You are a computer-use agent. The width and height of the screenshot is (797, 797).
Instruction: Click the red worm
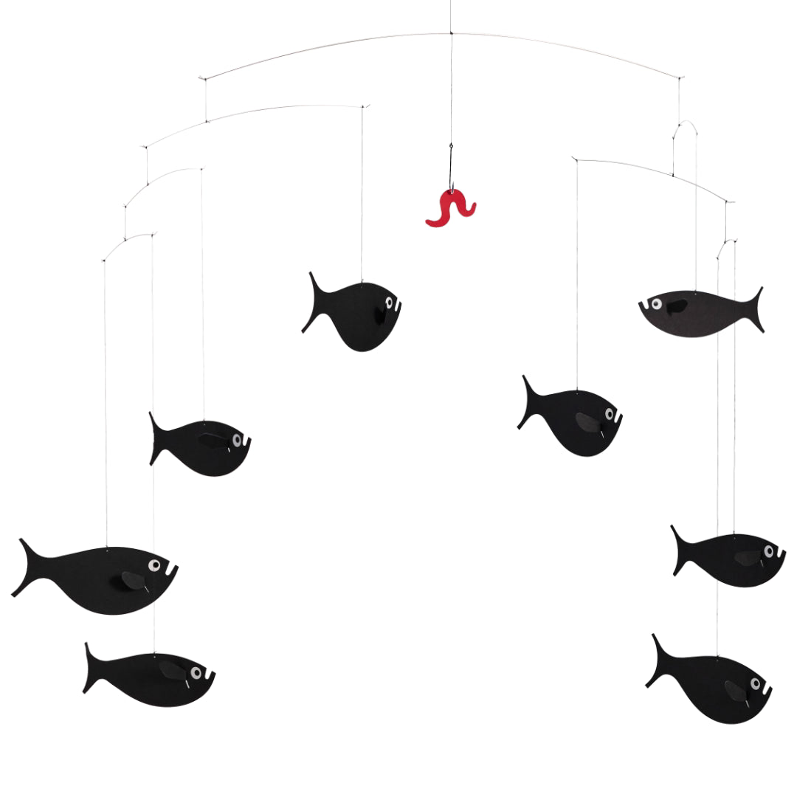[450, 209]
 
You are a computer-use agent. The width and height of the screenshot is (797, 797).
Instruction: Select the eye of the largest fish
[154, 566]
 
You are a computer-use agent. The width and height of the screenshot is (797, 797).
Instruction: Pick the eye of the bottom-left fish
[196, 673]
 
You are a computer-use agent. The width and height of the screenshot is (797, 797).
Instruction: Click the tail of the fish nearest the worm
[314, 303]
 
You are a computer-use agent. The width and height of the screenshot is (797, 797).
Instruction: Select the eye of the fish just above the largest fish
[237, 441]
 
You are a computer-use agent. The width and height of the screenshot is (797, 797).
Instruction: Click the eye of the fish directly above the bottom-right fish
[769, 551]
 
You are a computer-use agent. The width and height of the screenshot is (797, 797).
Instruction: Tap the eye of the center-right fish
[610, 414]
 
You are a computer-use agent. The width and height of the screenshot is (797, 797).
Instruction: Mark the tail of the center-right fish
[528, 402]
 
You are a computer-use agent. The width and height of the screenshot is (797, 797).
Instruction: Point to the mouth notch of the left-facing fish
[644, 306]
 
